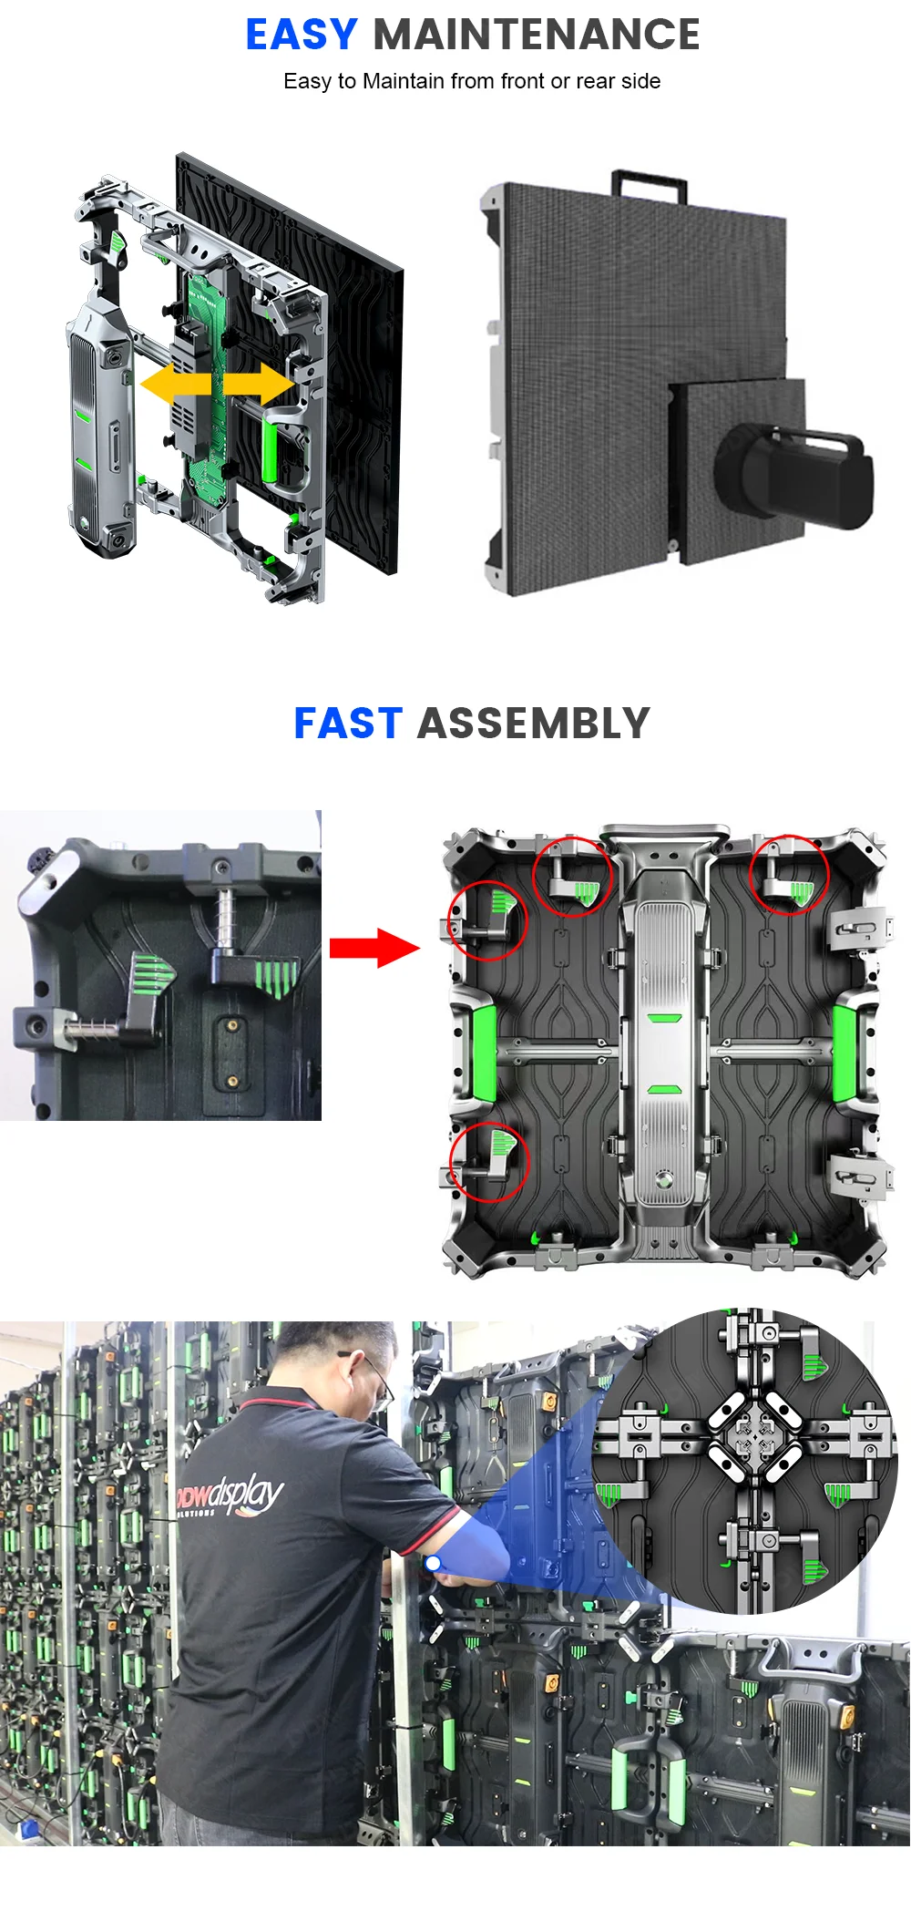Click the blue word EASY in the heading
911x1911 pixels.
click(301, 36)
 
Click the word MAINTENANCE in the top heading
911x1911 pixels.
click(536, 36)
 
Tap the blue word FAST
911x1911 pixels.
click(347, 724)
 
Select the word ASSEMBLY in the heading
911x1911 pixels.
click(533, 724)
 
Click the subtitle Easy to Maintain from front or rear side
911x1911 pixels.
click(471, 81)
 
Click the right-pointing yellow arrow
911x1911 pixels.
click(259, 384)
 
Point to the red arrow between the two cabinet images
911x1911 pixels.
click(374, 948)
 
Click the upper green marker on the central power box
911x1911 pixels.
click(664, 1017)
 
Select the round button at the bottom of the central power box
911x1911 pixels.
click(664, 1179)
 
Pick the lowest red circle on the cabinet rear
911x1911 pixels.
click(489, 1162)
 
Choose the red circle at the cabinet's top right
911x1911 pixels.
click(789, 875)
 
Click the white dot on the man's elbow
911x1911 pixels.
click(433, 1563)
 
